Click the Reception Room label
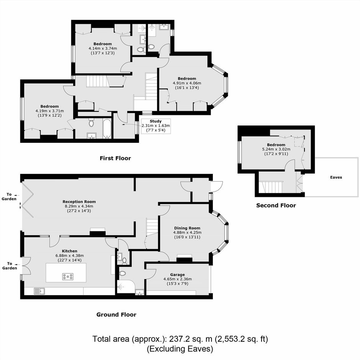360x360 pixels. point(79,201)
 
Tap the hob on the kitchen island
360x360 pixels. point(68,277)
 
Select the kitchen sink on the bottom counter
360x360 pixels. point(39,291)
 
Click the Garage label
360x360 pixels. point(177,275)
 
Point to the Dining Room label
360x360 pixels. point(187,228)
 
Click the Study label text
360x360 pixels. point(155,121)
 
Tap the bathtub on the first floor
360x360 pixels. point(107,129)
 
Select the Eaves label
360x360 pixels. point(336,177)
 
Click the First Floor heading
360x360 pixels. point(115,158)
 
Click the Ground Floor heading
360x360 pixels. point(116,314)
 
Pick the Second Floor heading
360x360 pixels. point(276,205)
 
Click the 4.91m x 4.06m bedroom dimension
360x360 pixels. point(187,83)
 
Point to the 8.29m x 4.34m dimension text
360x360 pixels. point(79,206)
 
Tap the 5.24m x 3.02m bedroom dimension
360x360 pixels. point(276,149)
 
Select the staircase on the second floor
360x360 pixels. point(271,187)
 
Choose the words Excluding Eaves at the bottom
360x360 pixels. point(180,349)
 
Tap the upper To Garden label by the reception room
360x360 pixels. point(9,196)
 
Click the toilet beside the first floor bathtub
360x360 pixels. point(92,123)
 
